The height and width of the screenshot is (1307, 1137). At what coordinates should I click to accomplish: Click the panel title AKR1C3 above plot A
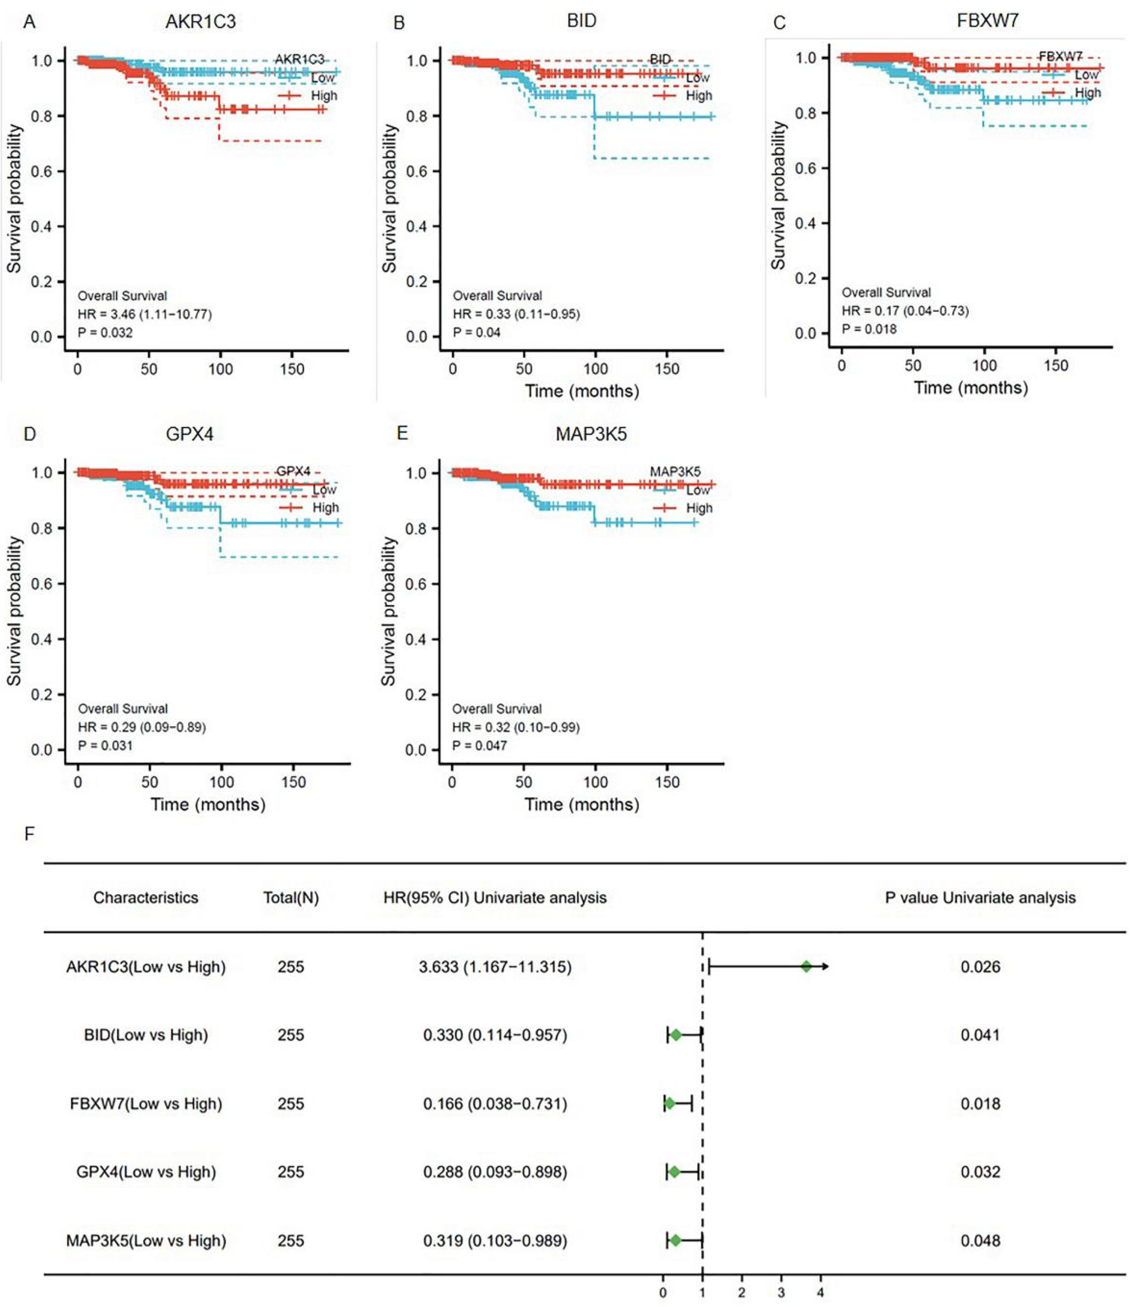coord(200,22)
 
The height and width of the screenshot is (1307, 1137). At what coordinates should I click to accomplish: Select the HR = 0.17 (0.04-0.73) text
coord(905,311)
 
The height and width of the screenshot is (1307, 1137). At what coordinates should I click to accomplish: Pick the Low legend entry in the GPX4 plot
coord(324,490)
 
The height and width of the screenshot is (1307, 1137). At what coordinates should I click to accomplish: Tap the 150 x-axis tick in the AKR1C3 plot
coord(292,369)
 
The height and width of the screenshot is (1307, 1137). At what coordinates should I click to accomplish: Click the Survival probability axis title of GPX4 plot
coord(14,611)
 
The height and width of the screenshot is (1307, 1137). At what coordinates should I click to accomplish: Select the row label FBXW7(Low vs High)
coord(146,1104)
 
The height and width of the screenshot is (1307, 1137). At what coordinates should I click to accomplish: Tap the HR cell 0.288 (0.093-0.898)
coord(495,1172)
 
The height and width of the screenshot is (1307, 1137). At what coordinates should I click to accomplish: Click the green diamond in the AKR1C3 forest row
coord(806,966)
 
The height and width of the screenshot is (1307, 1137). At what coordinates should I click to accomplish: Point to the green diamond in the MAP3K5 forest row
coord(675,1240)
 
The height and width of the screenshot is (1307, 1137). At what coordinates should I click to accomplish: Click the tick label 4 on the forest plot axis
coord(820,1293)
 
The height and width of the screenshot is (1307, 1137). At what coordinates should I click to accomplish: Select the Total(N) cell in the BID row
coord(290,1035)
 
